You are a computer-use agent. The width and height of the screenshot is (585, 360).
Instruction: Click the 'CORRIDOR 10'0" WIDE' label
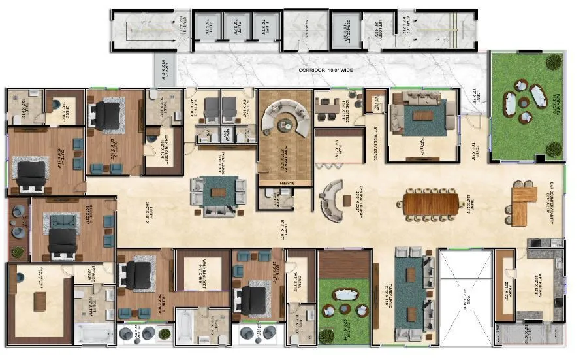[329, 69]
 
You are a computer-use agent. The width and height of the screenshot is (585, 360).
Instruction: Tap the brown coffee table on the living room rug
[422, 116]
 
